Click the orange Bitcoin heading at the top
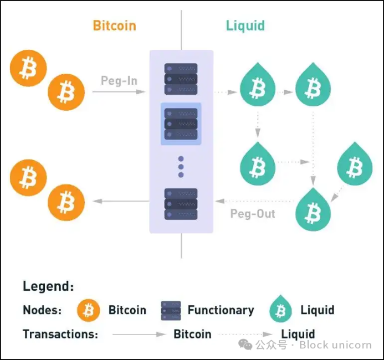point(114,25)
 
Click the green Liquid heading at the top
point(245,26)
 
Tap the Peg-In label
point(119,80)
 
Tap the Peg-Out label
point(253,214)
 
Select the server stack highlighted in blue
point(181,124)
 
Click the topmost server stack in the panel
point(181,79)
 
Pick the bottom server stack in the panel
point(181,204)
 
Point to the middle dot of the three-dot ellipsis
point(181,167)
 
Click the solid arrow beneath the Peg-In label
point(119,92)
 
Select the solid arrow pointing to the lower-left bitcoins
point(121,201)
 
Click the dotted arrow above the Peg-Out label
point(255,201)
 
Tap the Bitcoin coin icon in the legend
point(89,310)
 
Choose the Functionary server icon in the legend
point(171,311)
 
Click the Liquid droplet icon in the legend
point(280,308)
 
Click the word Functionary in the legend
point(221,310)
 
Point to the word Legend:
point(48,286)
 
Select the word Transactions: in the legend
point(60,334)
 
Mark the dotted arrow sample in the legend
point(245,335)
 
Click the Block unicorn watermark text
point(335,345)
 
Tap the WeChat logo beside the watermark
point(245,344)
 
